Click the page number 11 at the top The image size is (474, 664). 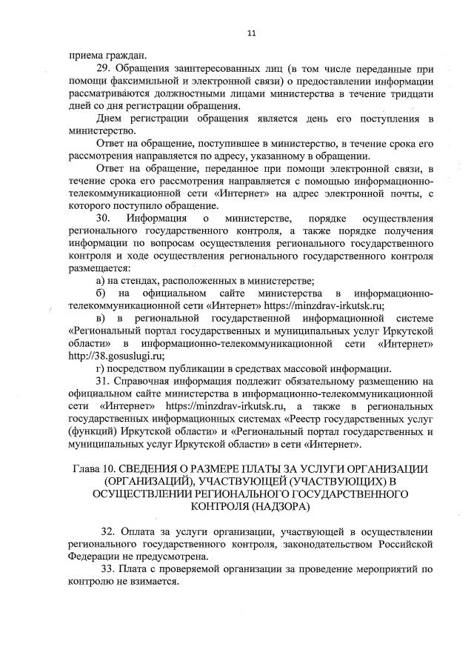point(251,33)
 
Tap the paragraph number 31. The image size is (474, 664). point(104,382)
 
